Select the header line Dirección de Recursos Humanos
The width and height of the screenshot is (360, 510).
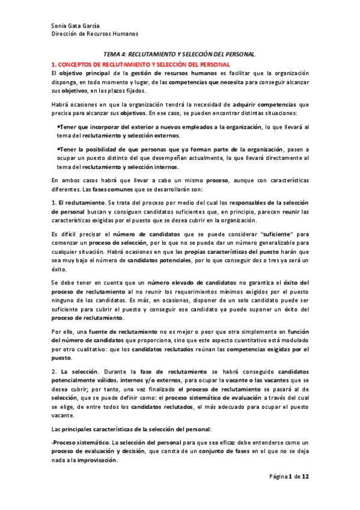coord(94,34)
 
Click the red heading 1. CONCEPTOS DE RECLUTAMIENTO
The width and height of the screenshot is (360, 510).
coord(140,64)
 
